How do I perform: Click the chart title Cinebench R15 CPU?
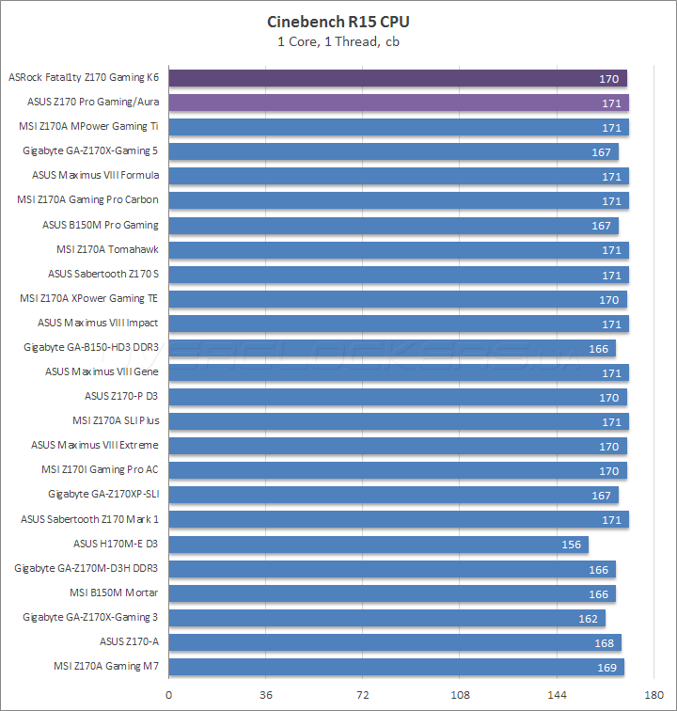click(x=338, y=22)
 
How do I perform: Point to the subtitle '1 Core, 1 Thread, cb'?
click(x=338, y=40)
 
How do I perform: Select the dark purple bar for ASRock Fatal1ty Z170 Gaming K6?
click(x=398, y=78)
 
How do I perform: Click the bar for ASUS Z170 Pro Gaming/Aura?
click(x=399, y=103)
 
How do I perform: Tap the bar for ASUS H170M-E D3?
click(x=379, y=545)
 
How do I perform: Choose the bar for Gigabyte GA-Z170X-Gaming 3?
click(x=386, y=618)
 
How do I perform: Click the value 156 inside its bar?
click(x=571, y=545)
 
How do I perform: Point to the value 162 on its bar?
click(x=588, y=618)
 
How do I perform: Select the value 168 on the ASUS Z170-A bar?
click(x=604, y=642)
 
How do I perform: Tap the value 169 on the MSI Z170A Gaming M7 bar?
click(x=606, y=667)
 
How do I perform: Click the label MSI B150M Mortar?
click(x=114, y=592)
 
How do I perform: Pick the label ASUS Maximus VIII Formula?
click(x=95, y=175)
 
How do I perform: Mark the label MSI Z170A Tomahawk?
click(x=107, y=249)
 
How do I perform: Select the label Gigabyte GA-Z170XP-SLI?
click(x=103, y=494)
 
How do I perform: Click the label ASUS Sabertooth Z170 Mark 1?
click(x=89, y=518)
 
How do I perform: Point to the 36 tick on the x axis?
click(x=266, y=696)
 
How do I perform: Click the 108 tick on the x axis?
click(x=460, y=696)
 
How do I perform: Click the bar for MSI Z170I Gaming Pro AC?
click(x=398, y=470)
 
